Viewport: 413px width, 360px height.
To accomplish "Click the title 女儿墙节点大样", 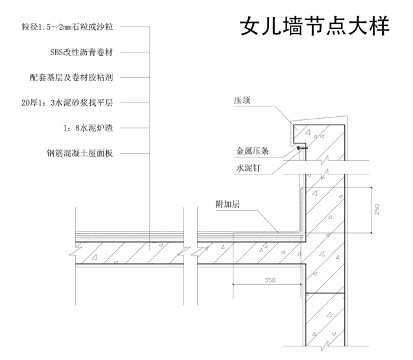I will point(314,27).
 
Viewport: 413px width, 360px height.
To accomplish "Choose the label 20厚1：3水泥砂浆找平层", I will point(71,102).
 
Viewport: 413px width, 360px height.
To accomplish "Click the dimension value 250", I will point(377,210).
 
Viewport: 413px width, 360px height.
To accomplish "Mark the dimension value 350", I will point(270,281).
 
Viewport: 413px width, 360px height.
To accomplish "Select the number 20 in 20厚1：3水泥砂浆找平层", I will point(25,102).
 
